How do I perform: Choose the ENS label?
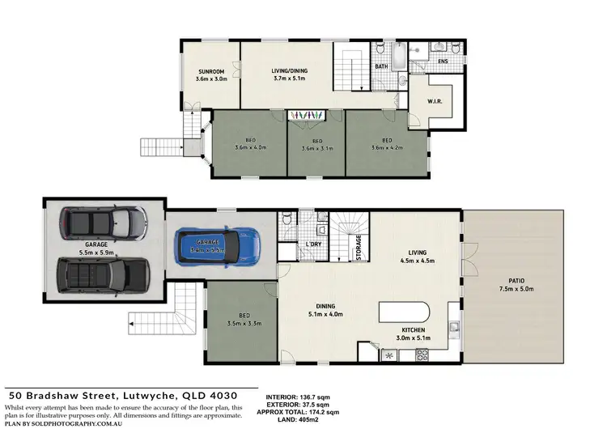[x=442, y=61]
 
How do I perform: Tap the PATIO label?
[x=514, y=281]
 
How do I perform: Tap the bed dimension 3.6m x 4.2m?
[x=386, y=148]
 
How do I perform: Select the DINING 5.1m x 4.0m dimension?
[x=325, y=314]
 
